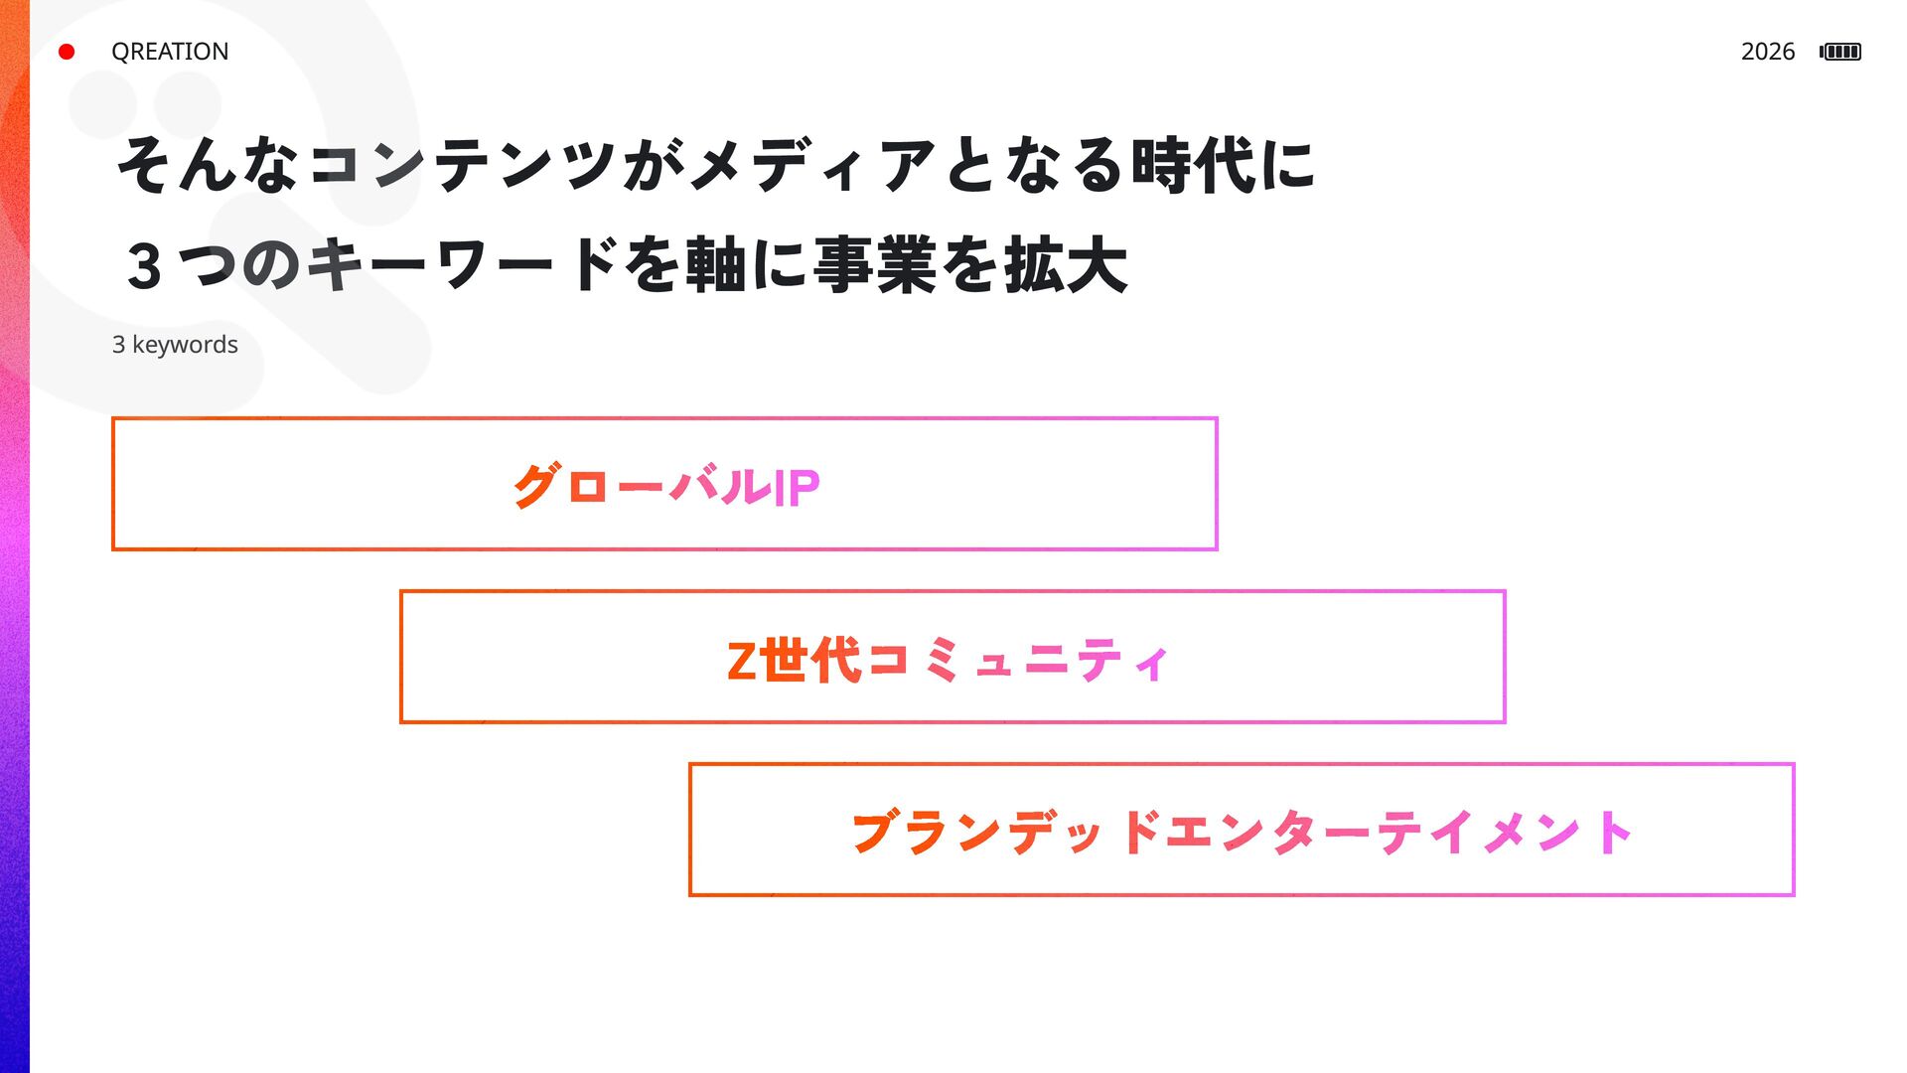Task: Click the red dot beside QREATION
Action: pyautogui.click(x=67, y=52)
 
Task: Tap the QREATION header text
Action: pyautogui.click(x=170, y=52)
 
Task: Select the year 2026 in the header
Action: pyautogui.click(x=1767, y=52)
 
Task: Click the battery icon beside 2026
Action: pyautogui.click(x=1840, y=52)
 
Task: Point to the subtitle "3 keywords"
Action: pyautogui.click(x=175, y=345)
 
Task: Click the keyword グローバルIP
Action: pyautogui.click(x=665, y=487)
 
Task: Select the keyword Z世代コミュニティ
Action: pyautogui.click(x=949, y=660)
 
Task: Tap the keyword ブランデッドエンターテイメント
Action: pyautogui.click(x=1242, y=833)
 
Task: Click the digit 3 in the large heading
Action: pyautogui.click(x=145, y=267)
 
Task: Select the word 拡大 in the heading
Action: pyautogui.click(x=1066, y=266)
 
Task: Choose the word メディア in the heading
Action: pyautogui.click(x=812, y=165)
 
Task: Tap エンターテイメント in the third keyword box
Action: pyautogui.click(x=1398, y=833)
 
